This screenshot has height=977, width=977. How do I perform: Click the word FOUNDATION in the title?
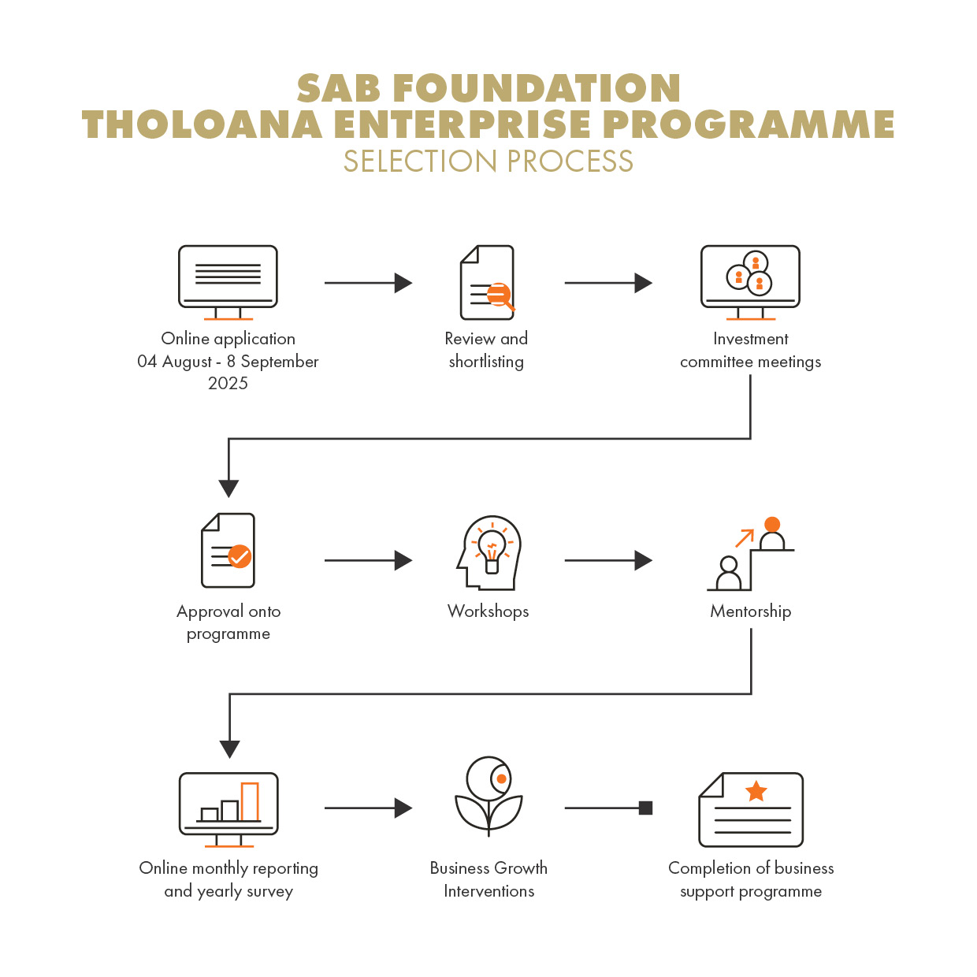point(537,88)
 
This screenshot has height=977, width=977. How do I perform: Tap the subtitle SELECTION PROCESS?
point(489,162)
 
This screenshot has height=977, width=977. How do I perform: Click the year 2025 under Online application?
point(228,383)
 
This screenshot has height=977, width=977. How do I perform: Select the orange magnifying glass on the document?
point(500,295)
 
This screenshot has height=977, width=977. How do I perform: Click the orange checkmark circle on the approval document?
point(240,556)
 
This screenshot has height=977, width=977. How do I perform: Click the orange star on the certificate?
point(756,791)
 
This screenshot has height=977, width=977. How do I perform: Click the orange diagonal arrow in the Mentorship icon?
point(745,538)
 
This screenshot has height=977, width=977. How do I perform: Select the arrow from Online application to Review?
point(368,283)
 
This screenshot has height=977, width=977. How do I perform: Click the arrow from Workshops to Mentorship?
point(608,560)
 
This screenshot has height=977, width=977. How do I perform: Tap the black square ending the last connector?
point(645,808)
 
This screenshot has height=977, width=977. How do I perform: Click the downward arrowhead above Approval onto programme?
point(228,489)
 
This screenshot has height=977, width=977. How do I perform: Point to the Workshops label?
point(488,611)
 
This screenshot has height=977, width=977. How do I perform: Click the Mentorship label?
point(750,611)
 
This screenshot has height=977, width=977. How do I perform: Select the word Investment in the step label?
point(750,339)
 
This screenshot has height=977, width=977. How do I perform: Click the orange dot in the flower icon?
point(501,778)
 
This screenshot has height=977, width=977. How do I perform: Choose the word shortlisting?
point(485,362)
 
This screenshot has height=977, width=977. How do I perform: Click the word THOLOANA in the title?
point(202,124)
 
